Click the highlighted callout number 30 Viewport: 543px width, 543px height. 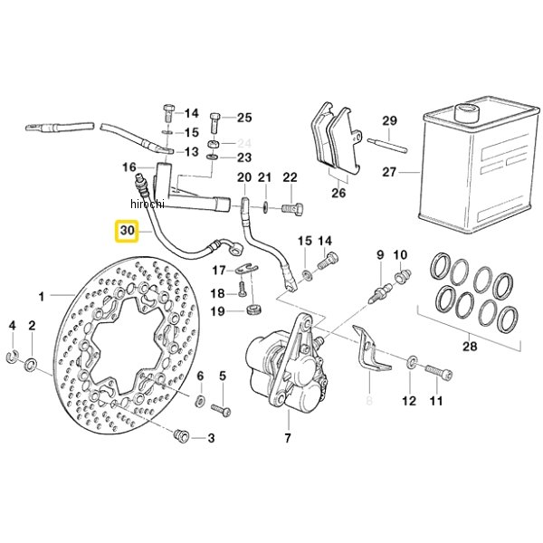127,231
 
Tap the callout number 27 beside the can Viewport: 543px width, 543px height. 389,172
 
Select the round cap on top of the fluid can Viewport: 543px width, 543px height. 467,110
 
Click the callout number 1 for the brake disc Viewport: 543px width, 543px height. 42,297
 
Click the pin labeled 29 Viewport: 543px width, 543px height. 387,145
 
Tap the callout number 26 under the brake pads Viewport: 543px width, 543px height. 338,193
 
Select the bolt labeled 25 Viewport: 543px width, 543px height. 214,123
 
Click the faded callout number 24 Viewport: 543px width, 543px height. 244,142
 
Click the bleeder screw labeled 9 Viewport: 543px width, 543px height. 380,292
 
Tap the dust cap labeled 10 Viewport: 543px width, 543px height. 403,276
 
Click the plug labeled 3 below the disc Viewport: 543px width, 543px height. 181,435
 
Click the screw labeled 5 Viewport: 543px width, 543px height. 221,410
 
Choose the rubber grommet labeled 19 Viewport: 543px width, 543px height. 254,309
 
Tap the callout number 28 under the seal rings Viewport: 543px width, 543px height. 470,346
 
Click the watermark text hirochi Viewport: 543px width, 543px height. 148,204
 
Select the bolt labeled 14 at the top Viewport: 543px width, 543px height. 168,113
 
